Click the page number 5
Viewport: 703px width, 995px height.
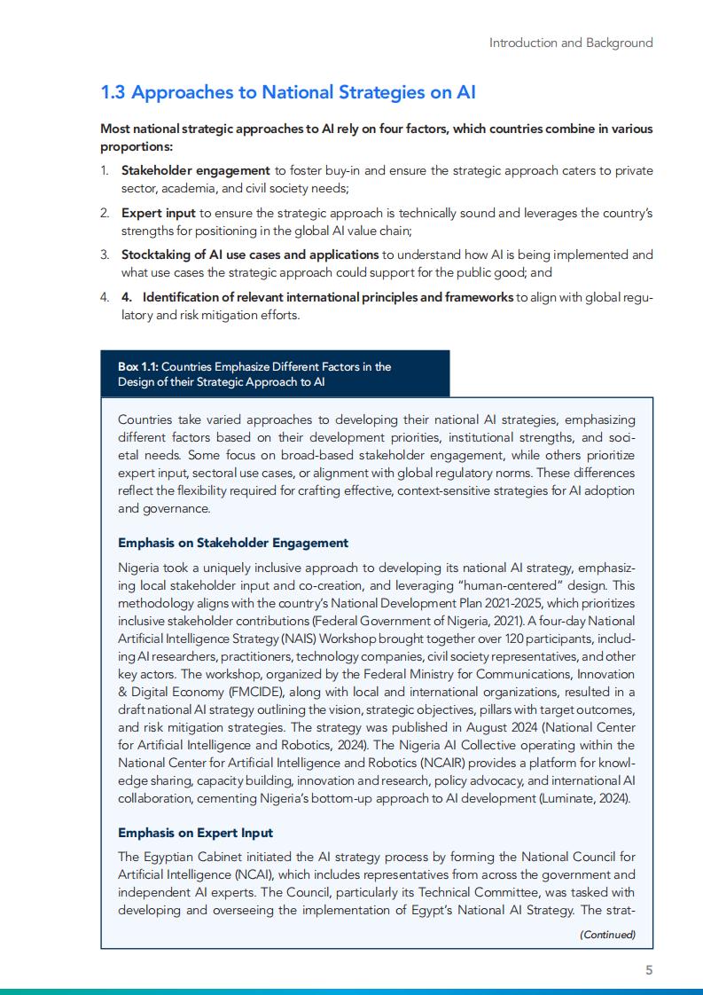649,970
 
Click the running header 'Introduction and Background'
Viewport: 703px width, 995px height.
571,43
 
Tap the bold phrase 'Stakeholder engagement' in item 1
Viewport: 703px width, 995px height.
195,170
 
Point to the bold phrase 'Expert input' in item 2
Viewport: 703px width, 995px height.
158,213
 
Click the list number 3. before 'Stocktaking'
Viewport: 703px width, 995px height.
104,255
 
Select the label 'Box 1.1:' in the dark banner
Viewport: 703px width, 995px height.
138,366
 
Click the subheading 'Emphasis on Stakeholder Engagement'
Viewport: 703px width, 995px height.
233,543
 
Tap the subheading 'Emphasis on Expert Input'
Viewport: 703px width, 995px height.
195,833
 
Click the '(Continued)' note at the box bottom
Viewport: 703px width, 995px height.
607,935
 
